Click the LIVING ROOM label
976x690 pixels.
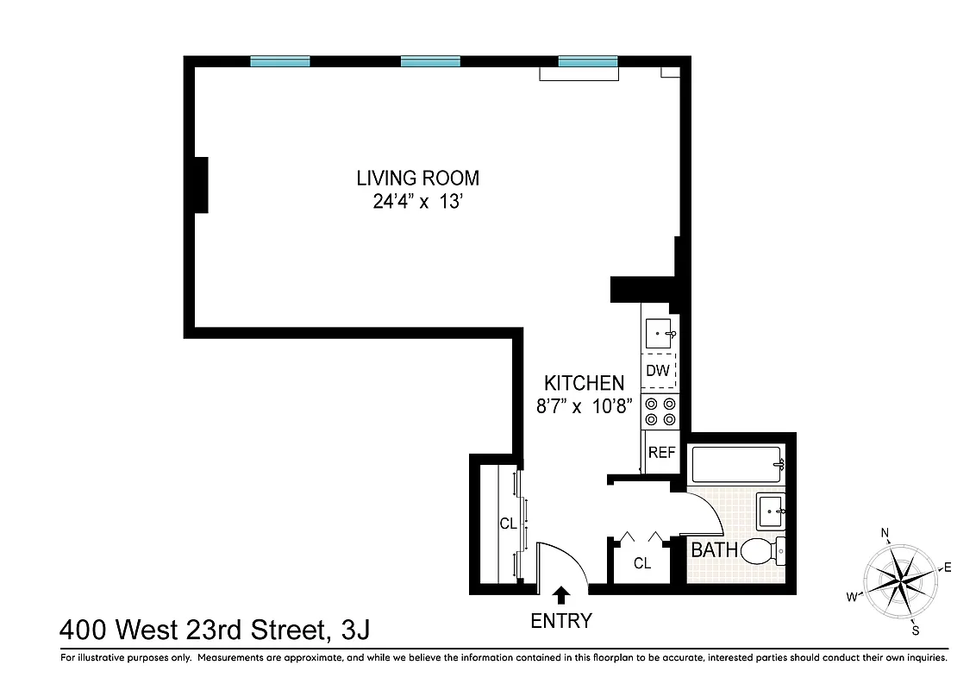417,179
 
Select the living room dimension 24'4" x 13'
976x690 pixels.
417,204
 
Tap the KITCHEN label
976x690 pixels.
584,383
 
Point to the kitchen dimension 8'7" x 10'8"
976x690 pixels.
584,406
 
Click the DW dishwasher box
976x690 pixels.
660,372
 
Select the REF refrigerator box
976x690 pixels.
661,452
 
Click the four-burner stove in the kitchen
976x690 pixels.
661,411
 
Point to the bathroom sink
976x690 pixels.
771,511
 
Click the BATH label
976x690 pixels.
714,549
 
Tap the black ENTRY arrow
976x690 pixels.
561,594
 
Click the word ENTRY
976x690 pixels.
561,620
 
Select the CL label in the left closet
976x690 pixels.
508,524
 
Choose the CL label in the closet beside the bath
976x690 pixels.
641,563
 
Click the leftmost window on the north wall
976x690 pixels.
280,61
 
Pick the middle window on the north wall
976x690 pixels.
430,61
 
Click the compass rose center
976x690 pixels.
900,575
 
